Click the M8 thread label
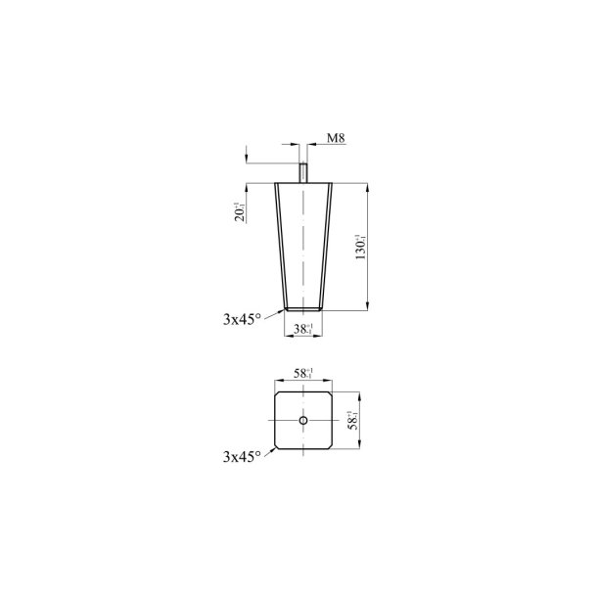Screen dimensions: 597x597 click(x=334, y=139)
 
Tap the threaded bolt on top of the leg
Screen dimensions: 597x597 click(x=303, y=174)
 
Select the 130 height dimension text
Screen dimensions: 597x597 click(x=360, y=247)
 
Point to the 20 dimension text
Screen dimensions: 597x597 click(x=239, y=211)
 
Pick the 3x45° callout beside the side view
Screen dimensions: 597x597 click(x=243, y=318)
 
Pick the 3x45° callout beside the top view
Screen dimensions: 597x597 click(x=243, y=456)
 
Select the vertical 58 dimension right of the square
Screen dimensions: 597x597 click(x=353, y=421)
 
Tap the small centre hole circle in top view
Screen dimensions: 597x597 click(x=303, y=421)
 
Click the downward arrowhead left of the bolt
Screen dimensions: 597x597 click(x=246, y=161)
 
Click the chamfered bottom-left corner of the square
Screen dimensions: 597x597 click(x=278, y=446)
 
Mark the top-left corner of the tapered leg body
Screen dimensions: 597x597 click(x=276, y=183)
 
